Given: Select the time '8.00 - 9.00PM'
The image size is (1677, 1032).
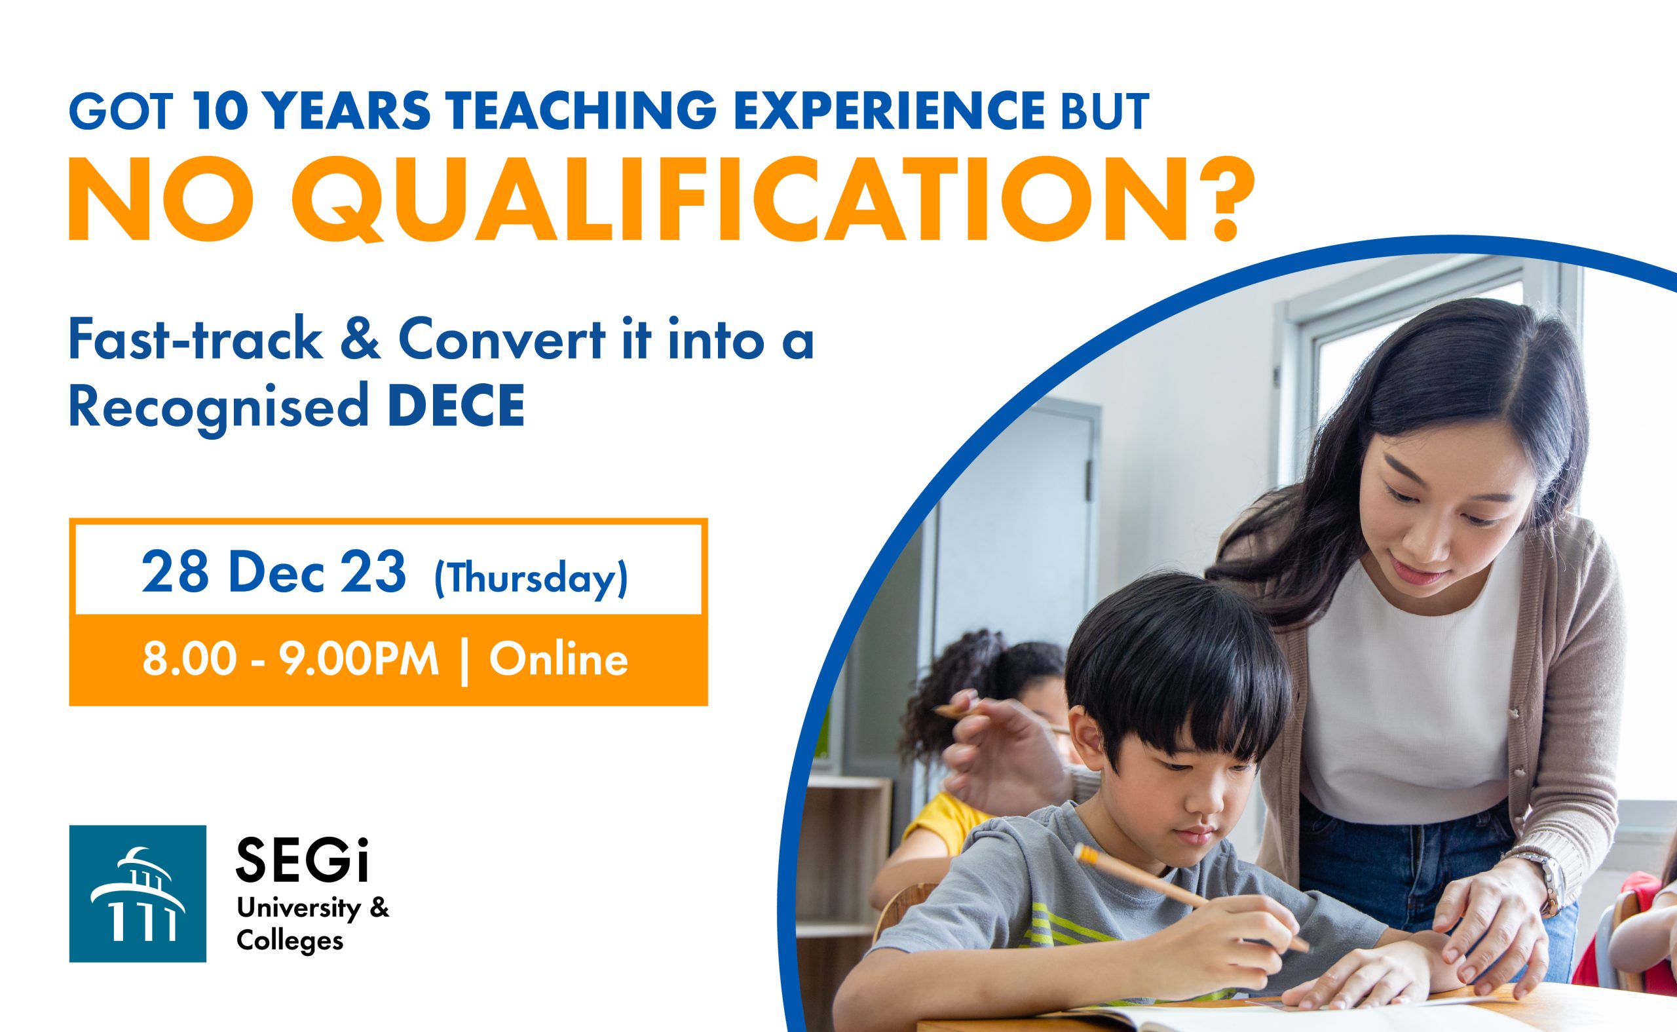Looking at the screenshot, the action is point(291,660).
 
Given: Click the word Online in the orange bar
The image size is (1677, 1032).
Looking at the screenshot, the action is point(558,660).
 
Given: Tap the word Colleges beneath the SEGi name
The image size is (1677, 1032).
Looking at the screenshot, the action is point(290,942).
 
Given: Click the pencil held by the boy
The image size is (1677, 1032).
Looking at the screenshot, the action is point(1190,899).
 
